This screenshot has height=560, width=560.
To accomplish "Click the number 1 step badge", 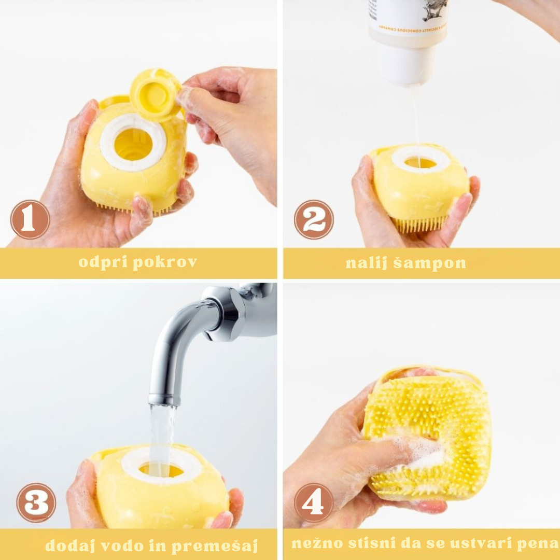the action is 30,219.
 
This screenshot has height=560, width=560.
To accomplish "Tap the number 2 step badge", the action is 314,219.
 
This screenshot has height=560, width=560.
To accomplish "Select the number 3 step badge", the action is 36,502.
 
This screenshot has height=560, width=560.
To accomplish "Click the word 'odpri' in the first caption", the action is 104,262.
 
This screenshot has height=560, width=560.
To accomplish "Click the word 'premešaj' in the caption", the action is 215,546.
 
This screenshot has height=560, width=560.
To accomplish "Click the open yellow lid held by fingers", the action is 155,95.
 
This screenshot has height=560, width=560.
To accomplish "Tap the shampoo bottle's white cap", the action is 407,64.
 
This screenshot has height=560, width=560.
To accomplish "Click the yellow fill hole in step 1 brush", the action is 133,144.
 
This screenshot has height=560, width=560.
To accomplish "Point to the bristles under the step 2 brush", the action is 420,224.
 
